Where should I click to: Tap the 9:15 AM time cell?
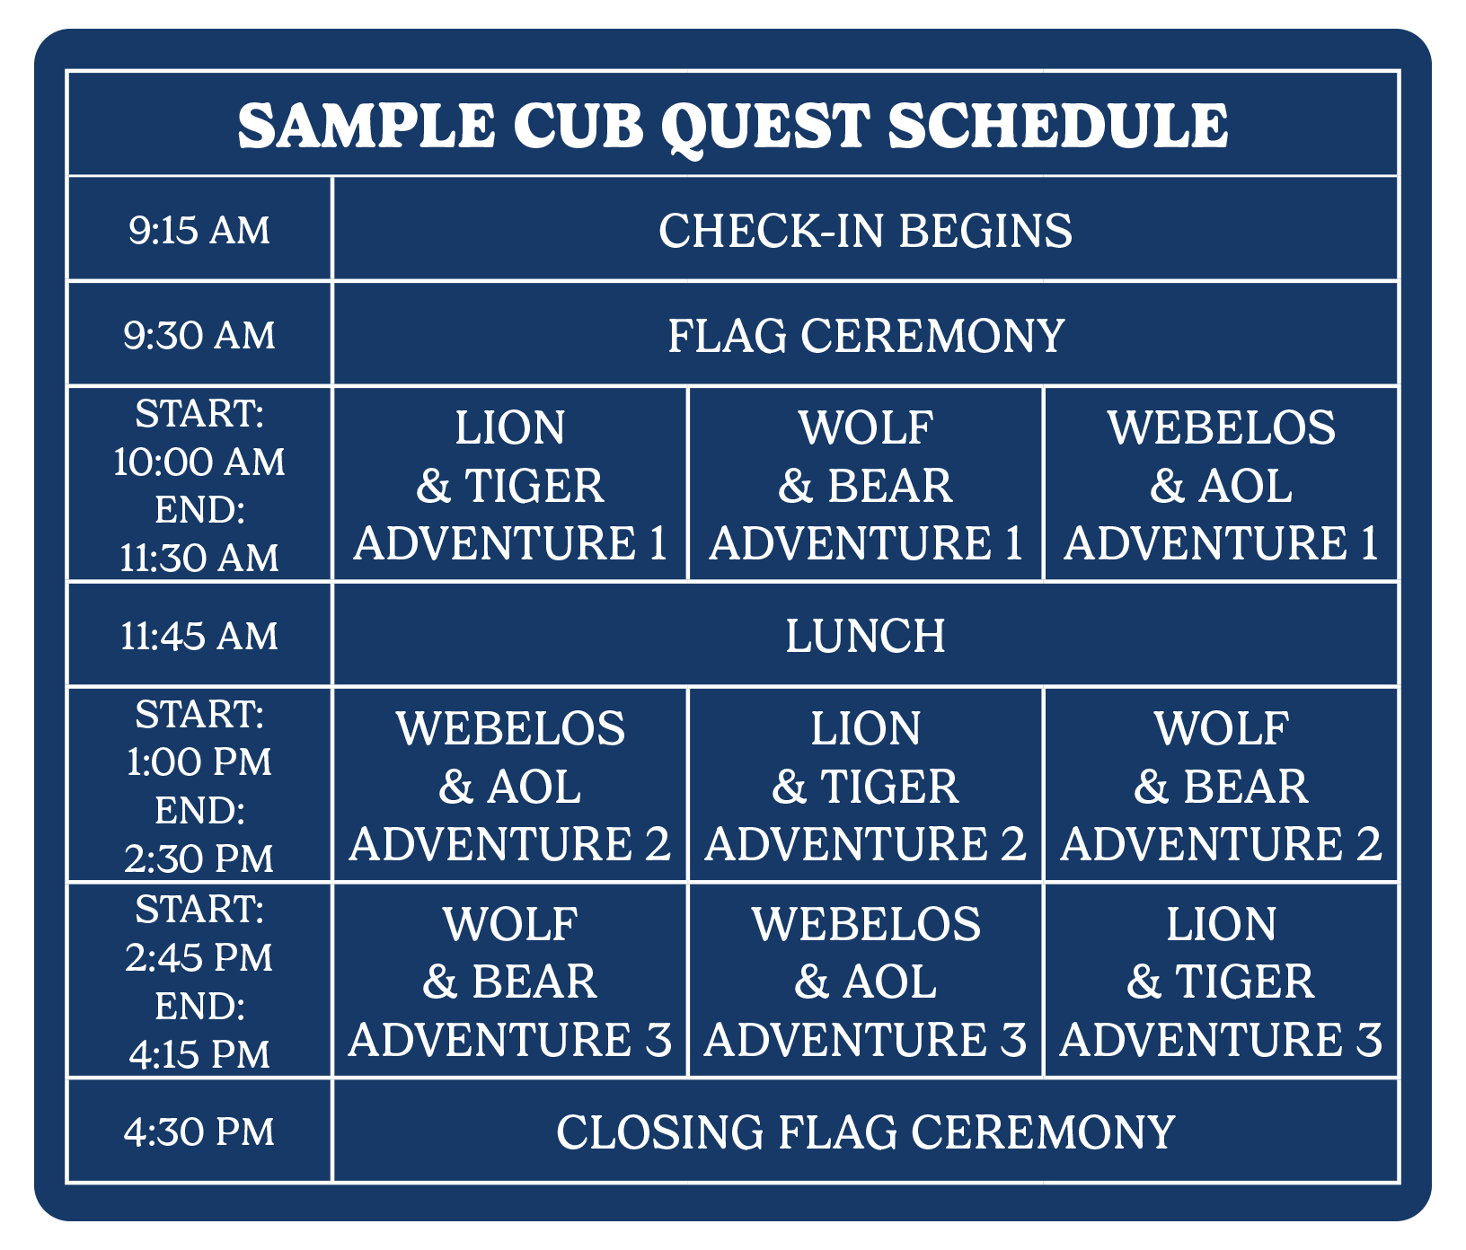coord(199,230)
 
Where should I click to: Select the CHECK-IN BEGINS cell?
coord(865,230)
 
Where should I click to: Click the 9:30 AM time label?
coord(199,335)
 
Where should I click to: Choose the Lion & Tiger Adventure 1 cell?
coord(509,484)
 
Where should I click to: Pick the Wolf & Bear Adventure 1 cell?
coord(865,484)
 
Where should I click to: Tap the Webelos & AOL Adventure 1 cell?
coord(1221,484)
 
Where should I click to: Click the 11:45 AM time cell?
coord(199,635)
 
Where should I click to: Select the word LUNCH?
coord(865,636)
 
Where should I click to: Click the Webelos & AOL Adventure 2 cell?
coord(509,785)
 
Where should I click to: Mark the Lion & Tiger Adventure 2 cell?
coord(865,785)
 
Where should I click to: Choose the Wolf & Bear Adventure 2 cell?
coord(1221,785)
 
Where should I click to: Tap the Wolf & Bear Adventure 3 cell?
coord(509,981)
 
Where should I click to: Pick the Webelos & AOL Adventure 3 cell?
coord(865,981)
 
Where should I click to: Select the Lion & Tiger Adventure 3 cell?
coord(1221,981)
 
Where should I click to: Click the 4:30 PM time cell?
coord(199,1131)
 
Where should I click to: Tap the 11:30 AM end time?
coord(199,558)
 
